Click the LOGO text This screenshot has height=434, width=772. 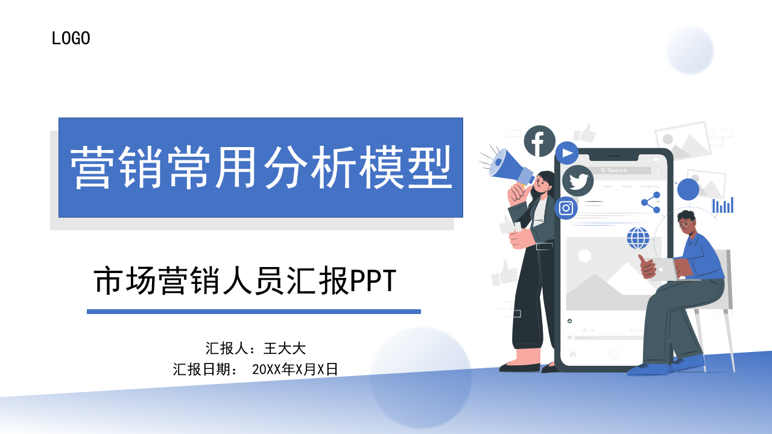coord(71,39)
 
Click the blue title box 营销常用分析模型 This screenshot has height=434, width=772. coord(261,167)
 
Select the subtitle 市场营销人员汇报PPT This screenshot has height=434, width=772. coord(245,281)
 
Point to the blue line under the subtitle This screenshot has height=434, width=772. coord(253,312)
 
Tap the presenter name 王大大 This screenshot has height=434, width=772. coord(285,348)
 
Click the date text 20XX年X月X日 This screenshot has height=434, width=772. coord(295,369)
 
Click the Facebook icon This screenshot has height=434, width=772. coord(539,142)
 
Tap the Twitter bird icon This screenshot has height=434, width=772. coord(578,181)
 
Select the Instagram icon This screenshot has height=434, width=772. coord(566,208)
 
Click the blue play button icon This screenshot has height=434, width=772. coord(567,153)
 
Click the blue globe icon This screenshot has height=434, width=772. coord(638,237)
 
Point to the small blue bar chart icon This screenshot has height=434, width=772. coord(723,205)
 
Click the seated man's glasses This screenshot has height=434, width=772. coord(687,224)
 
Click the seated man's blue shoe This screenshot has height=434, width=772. coord(648,369)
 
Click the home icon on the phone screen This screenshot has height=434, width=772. coord(573,354)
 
